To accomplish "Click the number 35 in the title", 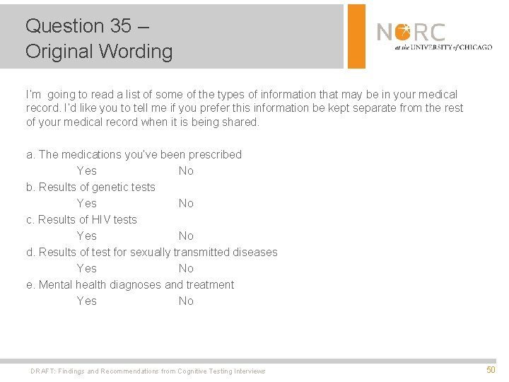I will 120,26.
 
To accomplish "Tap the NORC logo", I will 433,36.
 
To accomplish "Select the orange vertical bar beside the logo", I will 356,36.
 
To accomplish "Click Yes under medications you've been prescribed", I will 86,170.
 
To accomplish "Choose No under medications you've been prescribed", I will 186,170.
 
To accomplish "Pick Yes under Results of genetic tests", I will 86,203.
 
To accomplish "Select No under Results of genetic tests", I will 186,203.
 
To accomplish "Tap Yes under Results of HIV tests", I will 86,236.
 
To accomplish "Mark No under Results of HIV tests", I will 186,236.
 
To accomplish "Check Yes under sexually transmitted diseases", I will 86,268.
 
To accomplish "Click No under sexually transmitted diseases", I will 186,268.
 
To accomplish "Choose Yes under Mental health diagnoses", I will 86,301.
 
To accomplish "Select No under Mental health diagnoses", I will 186,301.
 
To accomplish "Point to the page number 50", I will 491,370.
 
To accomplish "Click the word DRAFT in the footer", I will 42,371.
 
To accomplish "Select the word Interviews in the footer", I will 249,371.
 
